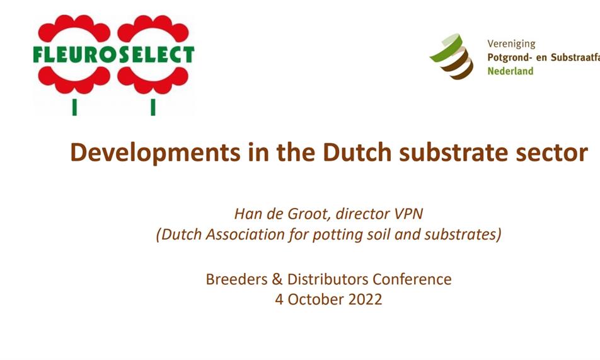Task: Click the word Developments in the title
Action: [x=155, y=153]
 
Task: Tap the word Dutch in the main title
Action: [x=357, y=152]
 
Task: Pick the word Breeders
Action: [x=236, y=279]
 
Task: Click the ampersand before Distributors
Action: [x=277, y=279]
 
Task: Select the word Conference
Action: [x=412, y=279]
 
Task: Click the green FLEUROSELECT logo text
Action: [x=113, y=54]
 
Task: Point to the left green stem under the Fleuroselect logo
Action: [x=74, y=107]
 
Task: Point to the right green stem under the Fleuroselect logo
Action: [x=153, y=107]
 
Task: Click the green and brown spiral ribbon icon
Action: [x=452, y=56]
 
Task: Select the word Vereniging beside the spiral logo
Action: [x=511, y=44]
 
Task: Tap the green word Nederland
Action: [x=510, y=71]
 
